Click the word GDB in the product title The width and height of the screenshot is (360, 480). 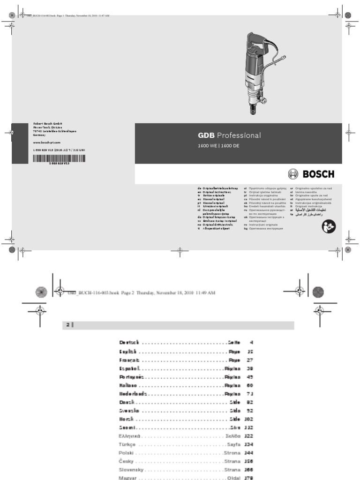(206, 135)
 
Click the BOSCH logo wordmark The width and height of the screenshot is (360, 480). (318, 174)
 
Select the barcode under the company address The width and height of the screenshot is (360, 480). (59, 159)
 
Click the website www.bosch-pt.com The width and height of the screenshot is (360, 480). (47, 142)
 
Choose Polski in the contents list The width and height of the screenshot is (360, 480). (127, 453)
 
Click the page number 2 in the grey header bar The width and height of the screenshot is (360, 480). (67, 325)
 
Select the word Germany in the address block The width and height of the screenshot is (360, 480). (40, 135)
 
